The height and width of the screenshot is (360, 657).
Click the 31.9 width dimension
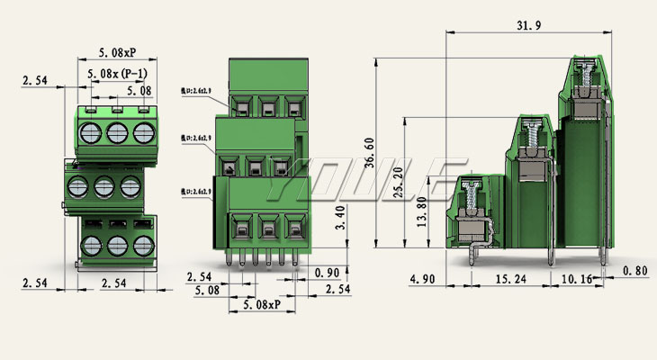point(530,26)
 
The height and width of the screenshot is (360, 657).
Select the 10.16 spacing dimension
point(577,280)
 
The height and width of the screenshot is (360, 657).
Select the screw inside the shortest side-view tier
point(471,194)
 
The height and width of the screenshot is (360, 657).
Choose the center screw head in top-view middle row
point(103,187)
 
